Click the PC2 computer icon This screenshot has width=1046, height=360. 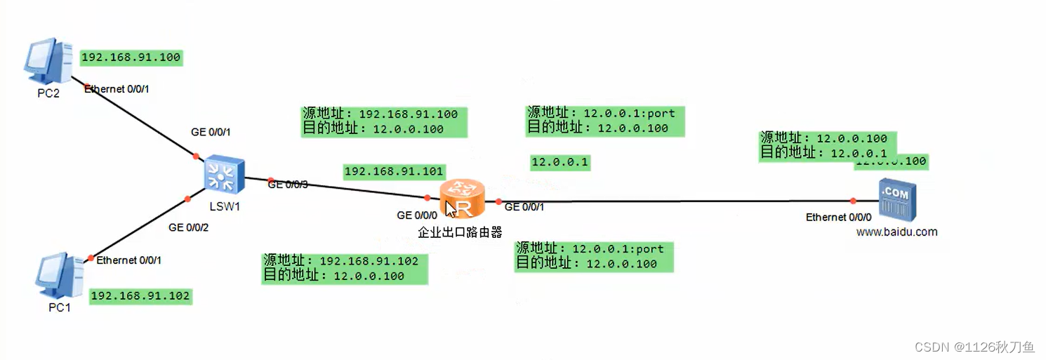48,64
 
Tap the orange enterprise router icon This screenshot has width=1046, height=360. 462,199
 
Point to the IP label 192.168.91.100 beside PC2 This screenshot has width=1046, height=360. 131,58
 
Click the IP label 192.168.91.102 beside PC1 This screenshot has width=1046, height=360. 140,296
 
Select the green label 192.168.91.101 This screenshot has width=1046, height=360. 394,171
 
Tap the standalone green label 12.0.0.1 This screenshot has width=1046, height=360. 560,163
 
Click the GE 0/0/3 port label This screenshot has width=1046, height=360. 288,185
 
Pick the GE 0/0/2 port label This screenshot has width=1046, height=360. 188,227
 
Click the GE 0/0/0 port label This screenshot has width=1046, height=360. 417,215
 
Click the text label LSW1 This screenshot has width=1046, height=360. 225,207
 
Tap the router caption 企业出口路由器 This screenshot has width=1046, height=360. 460,232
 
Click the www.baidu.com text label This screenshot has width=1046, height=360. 896,232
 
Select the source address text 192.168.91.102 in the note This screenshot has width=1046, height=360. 369,261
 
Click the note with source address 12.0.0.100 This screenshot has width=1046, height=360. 824,146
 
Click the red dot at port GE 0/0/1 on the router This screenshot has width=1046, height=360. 498,202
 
